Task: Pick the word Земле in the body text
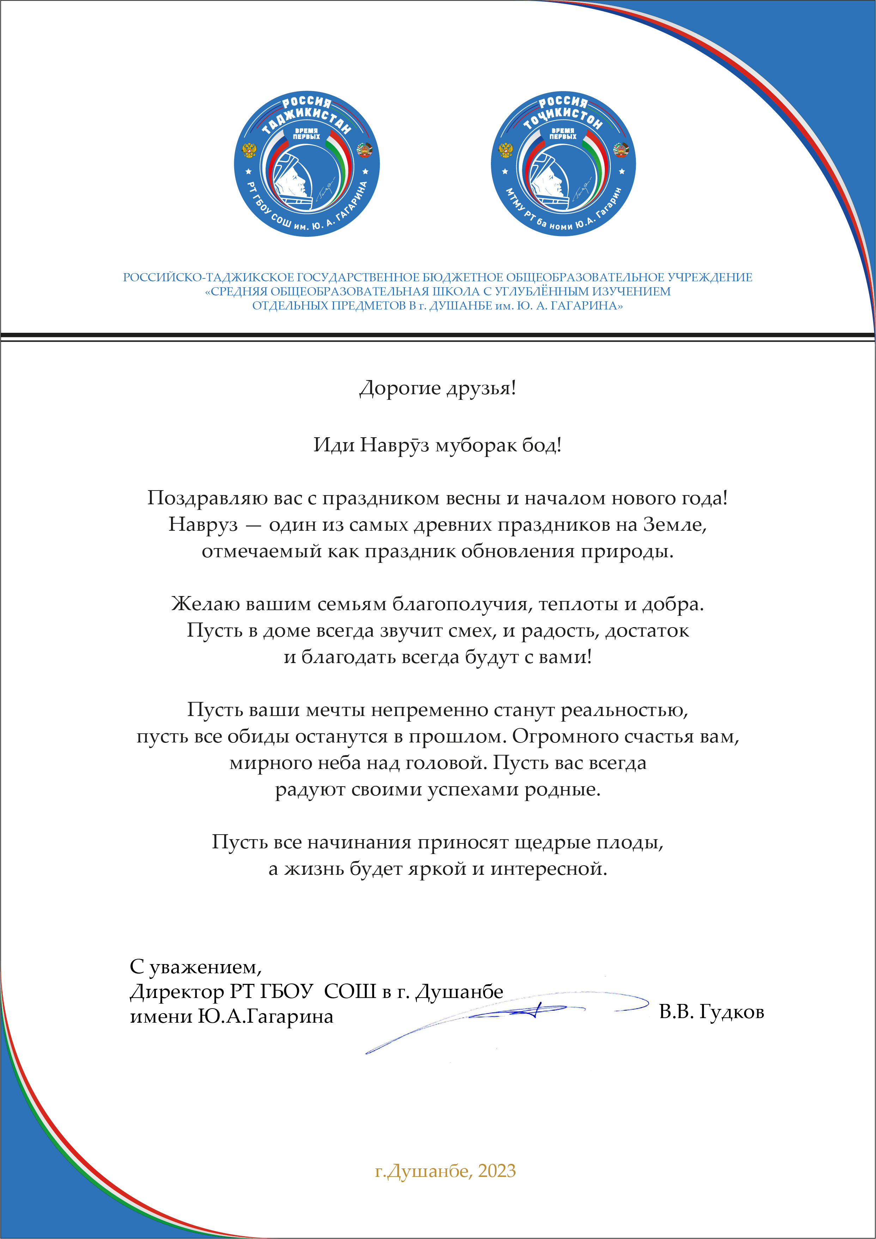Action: [674, 524]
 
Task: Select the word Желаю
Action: [206, 604]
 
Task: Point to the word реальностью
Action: [624, 710]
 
